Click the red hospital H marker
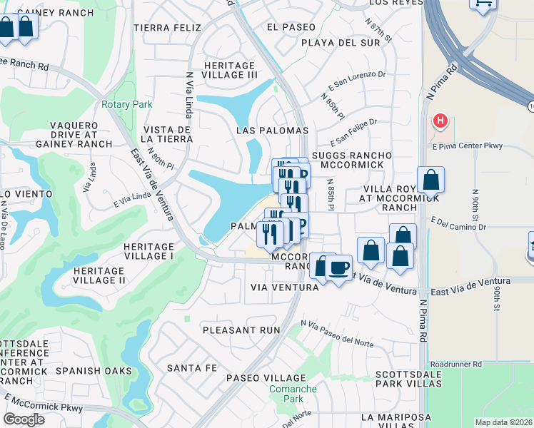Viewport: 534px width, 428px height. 440,120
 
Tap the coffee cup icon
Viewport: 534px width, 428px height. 338,267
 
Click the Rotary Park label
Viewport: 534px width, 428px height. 127,104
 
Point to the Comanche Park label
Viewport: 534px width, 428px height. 293,394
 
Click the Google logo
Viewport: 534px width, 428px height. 24,419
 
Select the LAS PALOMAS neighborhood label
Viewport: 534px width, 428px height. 273,131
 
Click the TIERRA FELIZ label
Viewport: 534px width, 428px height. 164,27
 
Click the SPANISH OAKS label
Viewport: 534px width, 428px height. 94,371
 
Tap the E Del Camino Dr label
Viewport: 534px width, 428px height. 458,226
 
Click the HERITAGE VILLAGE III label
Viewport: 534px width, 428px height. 231,69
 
